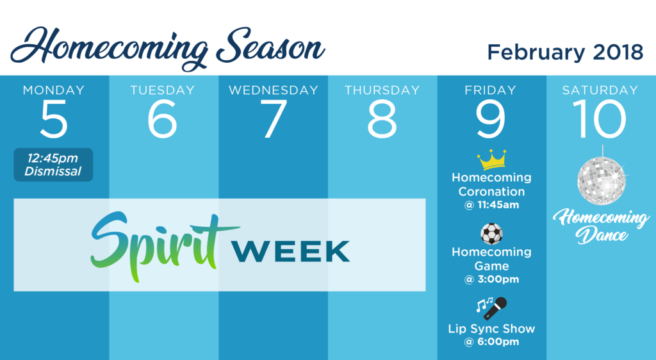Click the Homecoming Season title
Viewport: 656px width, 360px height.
click(x=167, y=48)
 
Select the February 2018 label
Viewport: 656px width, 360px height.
click(x=565, y=53)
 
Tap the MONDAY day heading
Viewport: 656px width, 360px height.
click(x=54, y=90)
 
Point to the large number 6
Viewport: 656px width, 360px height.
click(x=162, y=119)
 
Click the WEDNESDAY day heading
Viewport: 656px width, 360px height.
click(x=273, y=90)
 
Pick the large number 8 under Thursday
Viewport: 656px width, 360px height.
click(x=382, y=119)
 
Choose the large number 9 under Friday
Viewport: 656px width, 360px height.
click(x=491, y=119)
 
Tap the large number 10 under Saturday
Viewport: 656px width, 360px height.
click(x=600, y=119)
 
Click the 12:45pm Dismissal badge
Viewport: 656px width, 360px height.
click(x=53, y=165)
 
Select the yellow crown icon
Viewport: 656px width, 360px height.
click(x=491, y=160)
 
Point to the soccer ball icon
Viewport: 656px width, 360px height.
click(x=491, y=234)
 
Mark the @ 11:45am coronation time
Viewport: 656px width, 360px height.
click(x=491, y=205)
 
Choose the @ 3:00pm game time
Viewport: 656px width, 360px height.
click(x=491, y=279)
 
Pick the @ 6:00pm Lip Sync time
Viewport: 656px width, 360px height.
click(x=491, y=341)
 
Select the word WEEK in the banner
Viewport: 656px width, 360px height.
click(x=291, y=251)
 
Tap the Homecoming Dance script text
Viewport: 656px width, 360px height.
click(x=601, y=225)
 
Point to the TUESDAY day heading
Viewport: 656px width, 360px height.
click(x=162, y=90)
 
